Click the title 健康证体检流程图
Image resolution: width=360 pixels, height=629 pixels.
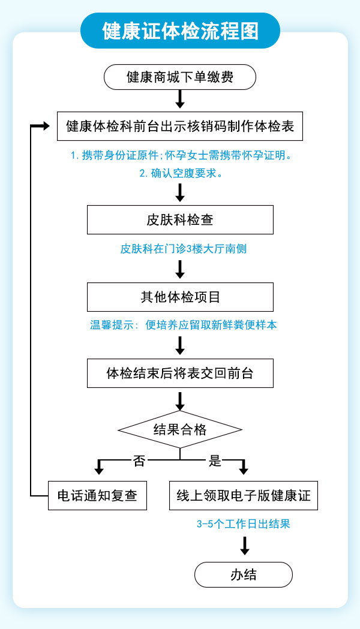point(180,31)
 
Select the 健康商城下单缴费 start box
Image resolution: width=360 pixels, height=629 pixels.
point(180,77)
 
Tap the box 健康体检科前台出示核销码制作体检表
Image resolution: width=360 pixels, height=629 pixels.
point(180,127)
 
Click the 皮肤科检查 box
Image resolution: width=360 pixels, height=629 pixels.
point(180,219)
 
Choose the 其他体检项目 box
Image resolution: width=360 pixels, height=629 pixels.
point(180,296)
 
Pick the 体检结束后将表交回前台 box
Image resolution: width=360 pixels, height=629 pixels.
point(180,373)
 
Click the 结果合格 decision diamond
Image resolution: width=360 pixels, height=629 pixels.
point(180,429)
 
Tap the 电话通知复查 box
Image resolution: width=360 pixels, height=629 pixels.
point(97,496)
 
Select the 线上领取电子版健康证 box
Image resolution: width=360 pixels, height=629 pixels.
point(243,496)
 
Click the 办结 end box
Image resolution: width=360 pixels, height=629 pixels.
point(243,574)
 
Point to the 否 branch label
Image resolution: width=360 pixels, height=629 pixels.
point(139,461)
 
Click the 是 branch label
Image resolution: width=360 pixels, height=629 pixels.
point(215,461)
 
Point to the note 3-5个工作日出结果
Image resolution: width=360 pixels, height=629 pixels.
point(244,523)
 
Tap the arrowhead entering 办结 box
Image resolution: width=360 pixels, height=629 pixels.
point(244,550)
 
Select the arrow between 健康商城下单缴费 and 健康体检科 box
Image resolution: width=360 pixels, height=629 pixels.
point(180,98)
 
